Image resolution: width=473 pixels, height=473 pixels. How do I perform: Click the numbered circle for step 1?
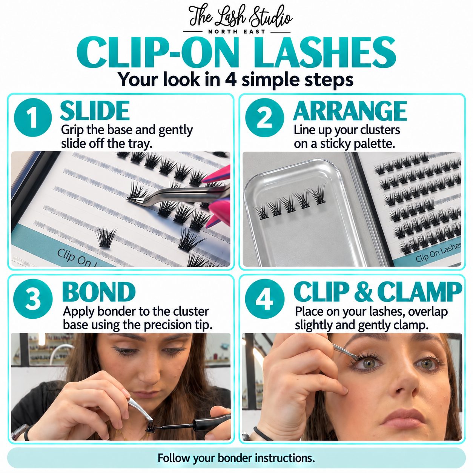pyautogui.click(x=33, y=117)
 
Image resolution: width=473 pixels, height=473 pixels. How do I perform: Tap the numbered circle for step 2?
pyautogui.click(x=264, y=117)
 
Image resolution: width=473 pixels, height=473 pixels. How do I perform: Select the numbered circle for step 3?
pyautogui.click(x=33, y=299)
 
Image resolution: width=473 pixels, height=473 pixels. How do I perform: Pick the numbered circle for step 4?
pyautogui.click(x=265, y=299)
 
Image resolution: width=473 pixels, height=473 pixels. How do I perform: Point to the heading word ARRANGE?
pyautogui.click(x=350, y=111)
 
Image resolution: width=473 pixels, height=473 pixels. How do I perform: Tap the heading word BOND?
pyautogui.click(x=99, y=292)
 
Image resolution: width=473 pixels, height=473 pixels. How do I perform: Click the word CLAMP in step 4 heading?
pyautogui.click(x=419, y=292)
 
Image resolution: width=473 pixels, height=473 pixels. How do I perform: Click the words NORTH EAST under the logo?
pyautogui.click(x=237, y=32)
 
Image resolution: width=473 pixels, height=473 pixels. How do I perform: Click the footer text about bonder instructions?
pyautogui.click(x=236, y=451)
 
